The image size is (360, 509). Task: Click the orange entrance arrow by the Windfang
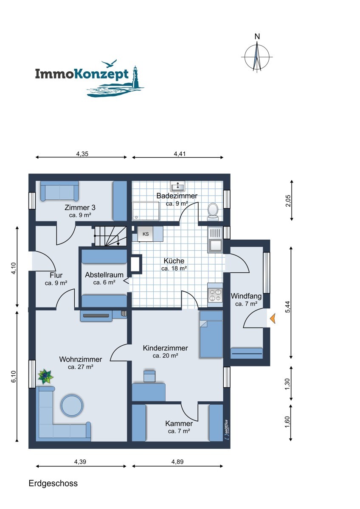point(273,319)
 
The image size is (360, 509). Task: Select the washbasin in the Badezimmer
point(177,187)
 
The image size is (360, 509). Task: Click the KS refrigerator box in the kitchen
point(145,234)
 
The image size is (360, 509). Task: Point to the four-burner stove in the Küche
point(215,295)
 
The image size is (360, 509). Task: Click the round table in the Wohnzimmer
point(72,406)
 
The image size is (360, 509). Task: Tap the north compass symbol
point(257,55)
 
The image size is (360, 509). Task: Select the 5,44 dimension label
point(288,307)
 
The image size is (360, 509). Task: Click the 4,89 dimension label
point(177,462)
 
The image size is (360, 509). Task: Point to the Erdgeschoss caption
point(53,483)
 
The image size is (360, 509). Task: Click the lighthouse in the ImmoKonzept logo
point(136,77)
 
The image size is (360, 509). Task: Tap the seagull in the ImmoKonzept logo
point(109,63)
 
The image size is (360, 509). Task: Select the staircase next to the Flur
point(111,236)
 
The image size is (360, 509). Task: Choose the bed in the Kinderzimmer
point(211,335)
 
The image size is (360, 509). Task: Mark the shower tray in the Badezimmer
point(146,211)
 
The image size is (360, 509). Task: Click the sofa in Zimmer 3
point(59,191)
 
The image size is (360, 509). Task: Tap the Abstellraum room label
point(104,275)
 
